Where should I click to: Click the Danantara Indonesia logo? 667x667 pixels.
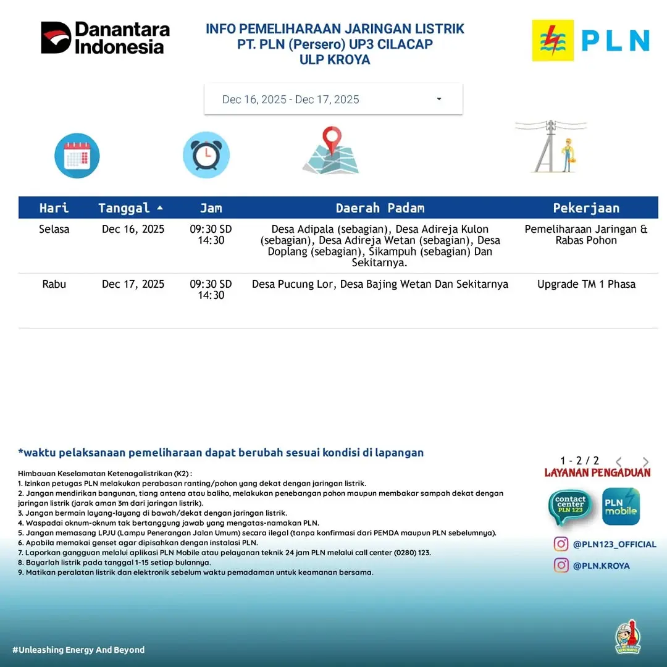105,38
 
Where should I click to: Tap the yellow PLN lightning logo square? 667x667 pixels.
553,40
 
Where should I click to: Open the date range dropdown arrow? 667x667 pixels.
439,99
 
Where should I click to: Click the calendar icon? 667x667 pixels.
77,156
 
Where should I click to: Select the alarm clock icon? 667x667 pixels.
206,155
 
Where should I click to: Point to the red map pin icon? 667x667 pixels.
332,141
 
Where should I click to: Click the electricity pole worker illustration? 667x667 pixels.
552,146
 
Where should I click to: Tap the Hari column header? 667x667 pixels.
54,208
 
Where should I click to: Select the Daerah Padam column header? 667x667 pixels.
380,208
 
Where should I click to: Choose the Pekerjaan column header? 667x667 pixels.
586,208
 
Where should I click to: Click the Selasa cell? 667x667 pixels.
54,229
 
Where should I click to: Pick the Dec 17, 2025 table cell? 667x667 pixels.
133,284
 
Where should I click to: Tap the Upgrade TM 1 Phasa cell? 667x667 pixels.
586,284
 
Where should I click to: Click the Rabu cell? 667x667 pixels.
54,284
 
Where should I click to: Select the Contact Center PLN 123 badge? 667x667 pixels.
569,507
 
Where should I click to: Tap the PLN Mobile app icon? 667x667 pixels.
621,507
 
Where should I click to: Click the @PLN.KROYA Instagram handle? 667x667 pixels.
601,566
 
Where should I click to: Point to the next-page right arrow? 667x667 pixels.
646,462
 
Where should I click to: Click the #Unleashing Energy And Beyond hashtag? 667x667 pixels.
78,650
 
